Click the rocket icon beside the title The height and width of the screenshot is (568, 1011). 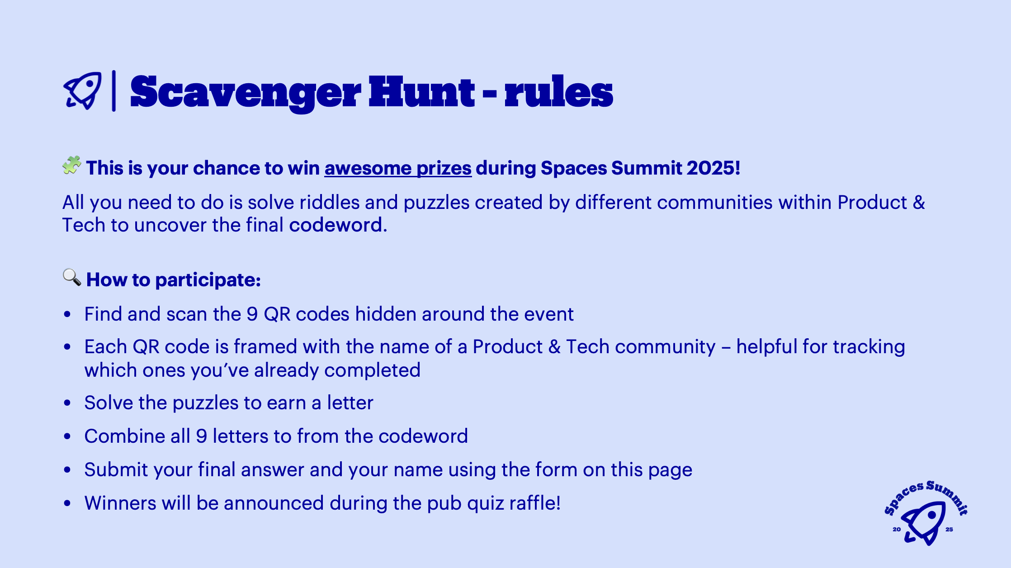pos(83,91)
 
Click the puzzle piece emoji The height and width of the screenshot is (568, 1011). pos(71,165)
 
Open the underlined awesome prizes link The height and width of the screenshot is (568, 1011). pos(398,168)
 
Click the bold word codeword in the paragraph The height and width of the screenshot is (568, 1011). pos(336,225)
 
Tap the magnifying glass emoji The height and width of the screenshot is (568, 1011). pos(71,277)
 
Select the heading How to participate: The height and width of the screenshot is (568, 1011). pos(174,280)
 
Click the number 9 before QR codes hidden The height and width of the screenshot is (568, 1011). pos(252,314)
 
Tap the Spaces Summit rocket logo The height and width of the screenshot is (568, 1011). pos(925,514)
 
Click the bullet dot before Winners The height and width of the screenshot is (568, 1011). pos(67,503)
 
